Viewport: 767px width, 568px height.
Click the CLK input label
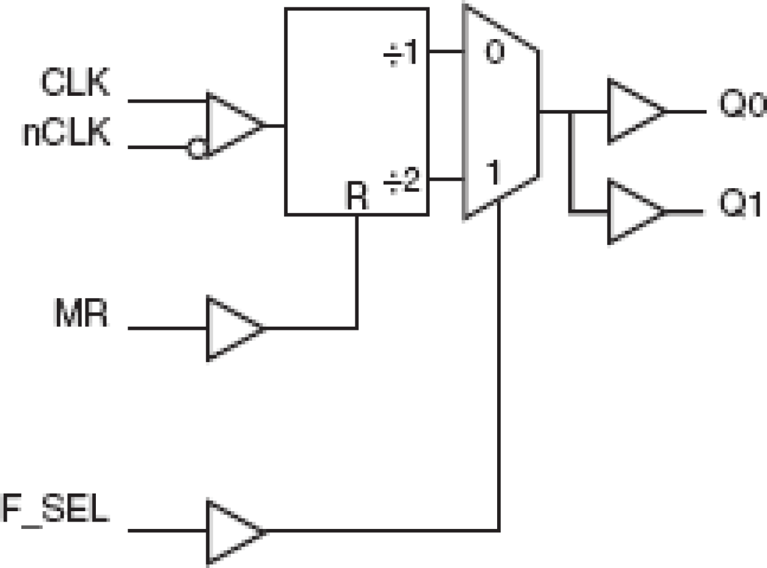[x=75, y=84]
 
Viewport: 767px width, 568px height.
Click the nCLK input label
[x=67, y=134]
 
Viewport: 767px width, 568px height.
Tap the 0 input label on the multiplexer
[x=494, y=53]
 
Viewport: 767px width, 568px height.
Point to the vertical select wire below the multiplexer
[x=500, y=366]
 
